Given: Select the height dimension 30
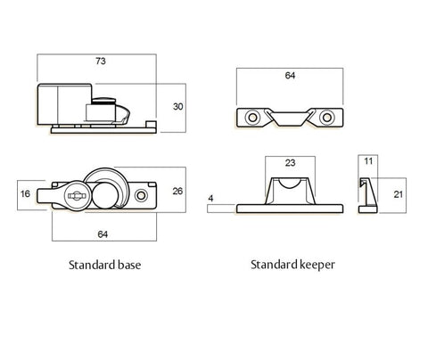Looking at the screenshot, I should [x=177, y=106].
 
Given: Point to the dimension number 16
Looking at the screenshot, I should [x=25, y=192].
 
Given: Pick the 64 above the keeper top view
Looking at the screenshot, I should [x=290, y=77].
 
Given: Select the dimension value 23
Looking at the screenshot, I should [x=289, y=162].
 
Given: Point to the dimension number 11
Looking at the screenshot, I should [x=367, y=162].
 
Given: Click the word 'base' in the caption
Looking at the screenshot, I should [x=126, y=266].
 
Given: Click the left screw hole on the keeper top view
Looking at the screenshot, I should [x=252, y=118].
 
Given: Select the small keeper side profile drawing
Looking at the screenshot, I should [x=365, y=194].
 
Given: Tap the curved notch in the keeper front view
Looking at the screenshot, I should [x=289, y=184].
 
